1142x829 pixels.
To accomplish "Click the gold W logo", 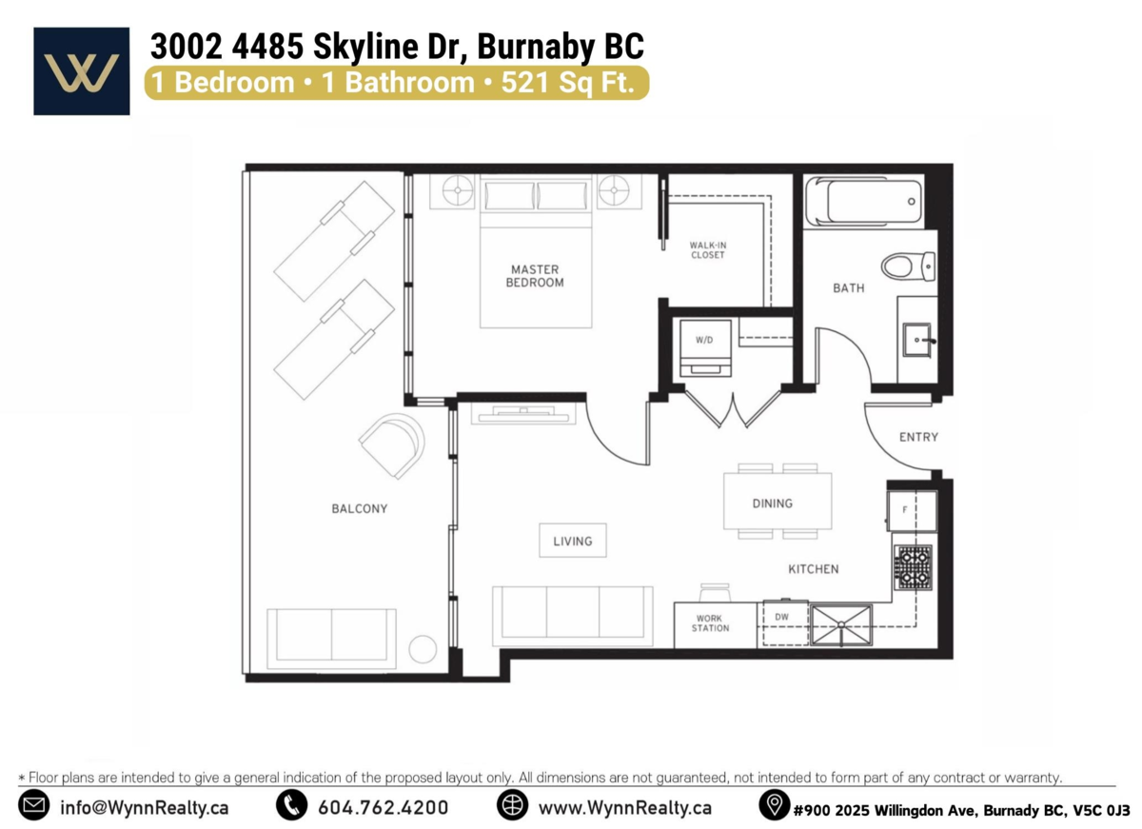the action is click(x=82, y=73).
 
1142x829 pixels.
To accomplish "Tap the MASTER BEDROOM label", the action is click(x=535, y=276).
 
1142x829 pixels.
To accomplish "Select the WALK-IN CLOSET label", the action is click(x=708, y=249).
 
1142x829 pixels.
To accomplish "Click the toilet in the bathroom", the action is click(x=909, y=266).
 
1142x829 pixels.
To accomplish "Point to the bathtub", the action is click(x=865, y=201).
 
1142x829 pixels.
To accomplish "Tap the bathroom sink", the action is click(x=917, y=339).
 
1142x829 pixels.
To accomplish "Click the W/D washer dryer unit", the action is click(x=705, y=347).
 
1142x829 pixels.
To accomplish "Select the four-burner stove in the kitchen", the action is click(x=913, y=567).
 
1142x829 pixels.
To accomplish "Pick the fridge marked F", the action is click(x=912, y=511).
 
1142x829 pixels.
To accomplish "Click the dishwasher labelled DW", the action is click(x=782, y=622).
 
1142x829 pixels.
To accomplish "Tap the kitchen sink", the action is click(x=841, y=625).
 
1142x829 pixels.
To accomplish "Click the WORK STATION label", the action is click(x=710, y=623).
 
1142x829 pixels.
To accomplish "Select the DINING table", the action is click(x=778, y=501).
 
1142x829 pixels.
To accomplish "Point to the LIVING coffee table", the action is click(x=573, y=540).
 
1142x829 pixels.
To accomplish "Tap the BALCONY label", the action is click(x=360, y=508).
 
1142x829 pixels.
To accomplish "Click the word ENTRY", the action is click(x=918, y=437).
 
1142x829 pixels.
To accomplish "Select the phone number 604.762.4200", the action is click(x=383, y=808).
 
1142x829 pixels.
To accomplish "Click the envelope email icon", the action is click(x=34, y=805).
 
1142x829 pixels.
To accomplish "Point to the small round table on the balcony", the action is click(x=423, y=649).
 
